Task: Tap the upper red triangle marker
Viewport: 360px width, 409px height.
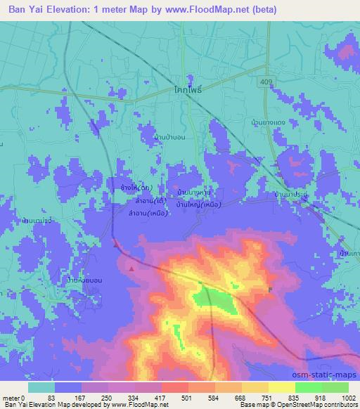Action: tap(116, 243)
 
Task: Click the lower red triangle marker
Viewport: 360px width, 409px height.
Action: tap(131, 267)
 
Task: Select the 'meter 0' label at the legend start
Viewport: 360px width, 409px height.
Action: tap(14, 398)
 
